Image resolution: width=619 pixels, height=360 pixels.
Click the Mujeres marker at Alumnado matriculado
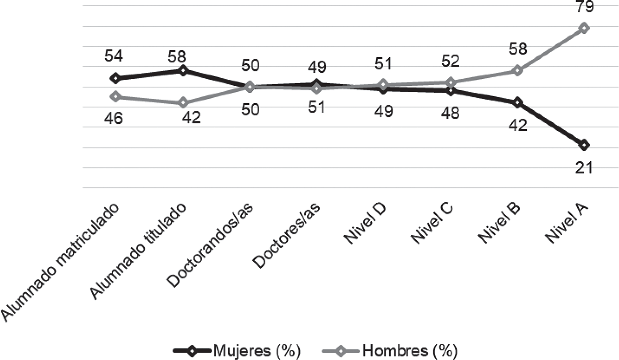point(115,78)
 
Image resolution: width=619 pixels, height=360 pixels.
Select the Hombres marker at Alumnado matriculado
point(115,96)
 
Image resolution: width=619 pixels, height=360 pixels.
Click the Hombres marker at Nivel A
point(584,28)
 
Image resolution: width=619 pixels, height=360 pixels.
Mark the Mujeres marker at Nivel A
point(584,145)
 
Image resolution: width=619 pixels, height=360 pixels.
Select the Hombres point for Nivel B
point(517,71)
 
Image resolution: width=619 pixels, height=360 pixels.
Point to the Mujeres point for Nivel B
point(517,103)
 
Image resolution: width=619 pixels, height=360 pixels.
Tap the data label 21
point(584,168)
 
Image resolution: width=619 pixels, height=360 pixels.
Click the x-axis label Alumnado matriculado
point(61,263)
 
